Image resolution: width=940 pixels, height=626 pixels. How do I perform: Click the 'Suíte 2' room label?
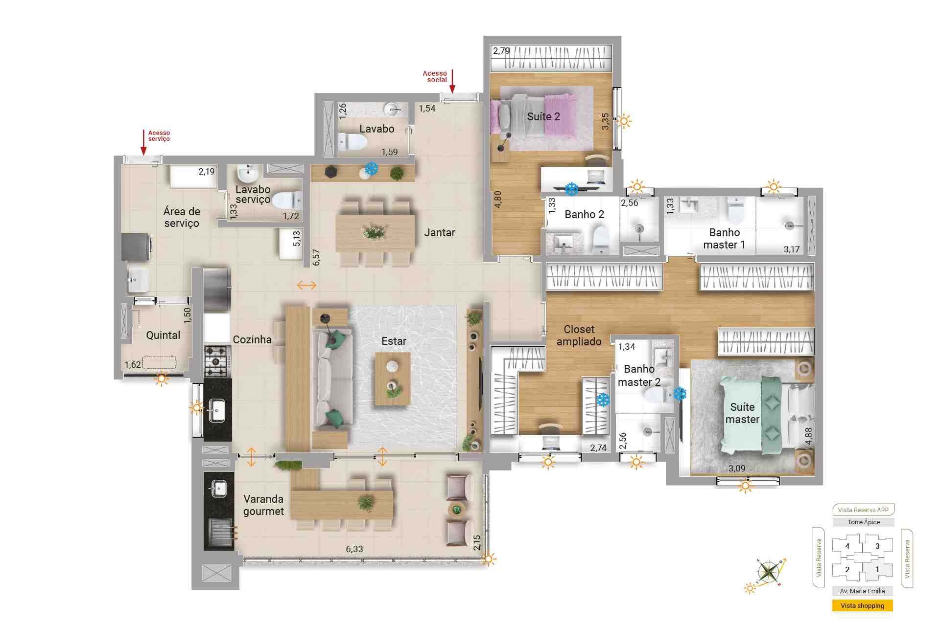tap(543, 116)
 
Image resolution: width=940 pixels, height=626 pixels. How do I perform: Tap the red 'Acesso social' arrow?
tap(452, 81)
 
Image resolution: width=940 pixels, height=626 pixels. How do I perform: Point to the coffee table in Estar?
tap(392, 379)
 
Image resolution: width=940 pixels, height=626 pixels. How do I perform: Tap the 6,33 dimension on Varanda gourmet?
tap(354, 549)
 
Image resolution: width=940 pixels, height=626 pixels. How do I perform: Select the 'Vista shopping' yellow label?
tap(862, 605)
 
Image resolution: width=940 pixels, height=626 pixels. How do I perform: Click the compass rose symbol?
tap(769, 572)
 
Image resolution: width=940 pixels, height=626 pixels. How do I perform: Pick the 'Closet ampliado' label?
tap(579, 335)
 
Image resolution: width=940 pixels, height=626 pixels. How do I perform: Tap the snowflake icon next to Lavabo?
tap(372, 169)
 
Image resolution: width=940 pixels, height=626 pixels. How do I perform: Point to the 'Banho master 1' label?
tap(724, 239)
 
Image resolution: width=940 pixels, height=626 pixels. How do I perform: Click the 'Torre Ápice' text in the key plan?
tap(864, 522)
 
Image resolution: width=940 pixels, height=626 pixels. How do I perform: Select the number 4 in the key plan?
tap(847, 546)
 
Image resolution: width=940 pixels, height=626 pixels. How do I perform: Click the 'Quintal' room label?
tap(163, 335)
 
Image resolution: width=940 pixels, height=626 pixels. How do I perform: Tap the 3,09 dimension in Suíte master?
tap(737, 468)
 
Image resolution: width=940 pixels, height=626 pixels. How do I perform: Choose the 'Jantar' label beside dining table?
tap(440, 233)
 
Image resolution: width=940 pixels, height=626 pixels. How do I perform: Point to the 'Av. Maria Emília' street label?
tap(862, 591)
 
